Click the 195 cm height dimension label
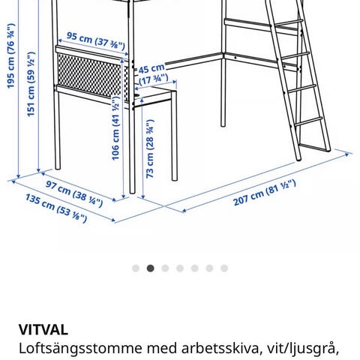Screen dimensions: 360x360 click(10, 56)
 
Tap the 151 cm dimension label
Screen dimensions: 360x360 click(31, 84)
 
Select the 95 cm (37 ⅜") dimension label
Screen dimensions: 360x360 click(96, 41)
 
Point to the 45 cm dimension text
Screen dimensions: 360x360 click(151, 68)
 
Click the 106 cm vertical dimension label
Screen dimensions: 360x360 click(115, 128)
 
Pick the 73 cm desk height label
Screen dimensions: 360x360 click(150, 149)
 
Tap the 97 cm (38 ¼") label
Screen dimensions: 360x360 click(74, 193)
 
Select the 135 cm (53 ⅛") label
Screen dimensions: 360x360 click(56, 208)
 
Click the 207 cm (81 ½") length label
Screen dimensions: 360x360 click(265, 193)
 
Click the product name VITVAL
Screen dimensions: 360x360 click(43, 330)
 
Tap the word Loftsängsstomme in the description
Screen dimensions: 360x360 click(80, 349)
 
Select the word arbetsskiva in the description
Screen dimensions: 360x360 click(220, 348)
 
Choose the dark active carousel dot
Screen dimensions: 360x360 click(150, 268)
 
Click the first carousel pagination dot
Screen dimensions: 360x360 click(136, 268)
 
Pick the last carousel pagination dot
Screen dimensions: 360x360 click(224, 268)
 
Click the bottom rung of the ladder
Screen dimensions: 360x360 click(313, 148)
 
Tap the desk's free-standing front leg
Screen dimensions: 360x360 click(175, 136)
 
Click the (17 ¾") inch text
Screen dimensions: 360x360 click(154, 79)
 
